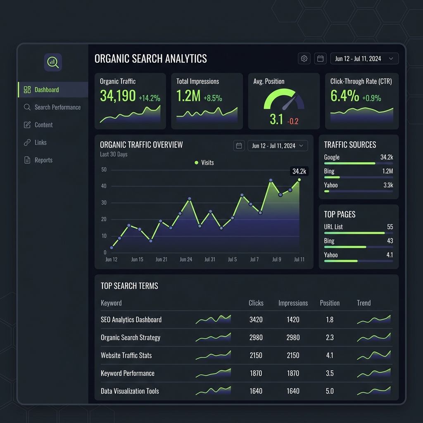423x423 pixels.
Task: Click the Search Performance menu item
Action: tap(52, 107)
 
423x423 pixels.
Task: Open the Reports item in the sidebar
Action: tap(38, 160)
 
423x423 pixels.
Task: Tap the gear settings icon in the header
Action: tap(304, 59)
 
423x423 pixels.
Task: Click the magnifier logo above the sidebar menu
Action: tap(53, 62)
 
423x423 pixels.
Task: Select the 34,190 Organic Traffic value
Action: tap(118, 96)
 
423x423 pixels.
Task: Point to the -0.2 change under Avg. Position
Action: tap(293, 121)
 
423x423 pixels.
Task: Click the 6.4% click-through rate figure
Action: tap(345, 96)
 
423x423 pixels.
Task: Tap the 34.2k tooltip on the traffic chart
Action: tap(299, 171)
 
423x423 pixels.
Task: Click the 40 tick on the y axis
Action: tap(104, 186)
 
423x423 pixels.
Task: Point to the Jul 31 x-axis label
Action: tap(209, 259)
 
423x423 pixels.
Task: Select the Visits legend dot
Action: tap(196, 163)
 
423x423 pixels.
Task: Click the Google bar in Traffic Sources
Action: tap(349, 164)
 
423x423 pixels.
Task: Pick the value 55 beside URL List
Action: tap(390, 227)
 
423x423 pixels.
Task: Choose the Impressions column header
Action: tap(293, 303)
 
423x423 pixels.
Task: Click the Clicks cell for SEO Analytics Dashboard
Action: tap(256, 320)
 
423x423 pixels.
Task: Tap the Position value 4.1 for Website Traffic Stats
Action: tap(330, 355)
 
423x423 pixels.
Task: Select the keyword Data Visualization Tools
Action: tap(130, 391)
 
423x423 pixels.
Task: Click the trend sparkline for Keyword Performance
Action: tap(373, 373)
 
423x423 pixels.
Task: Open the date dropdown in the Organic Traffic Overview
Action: tap(278, 146)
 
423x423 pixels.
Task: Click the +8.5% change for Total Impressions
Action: tap(213, 98)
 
